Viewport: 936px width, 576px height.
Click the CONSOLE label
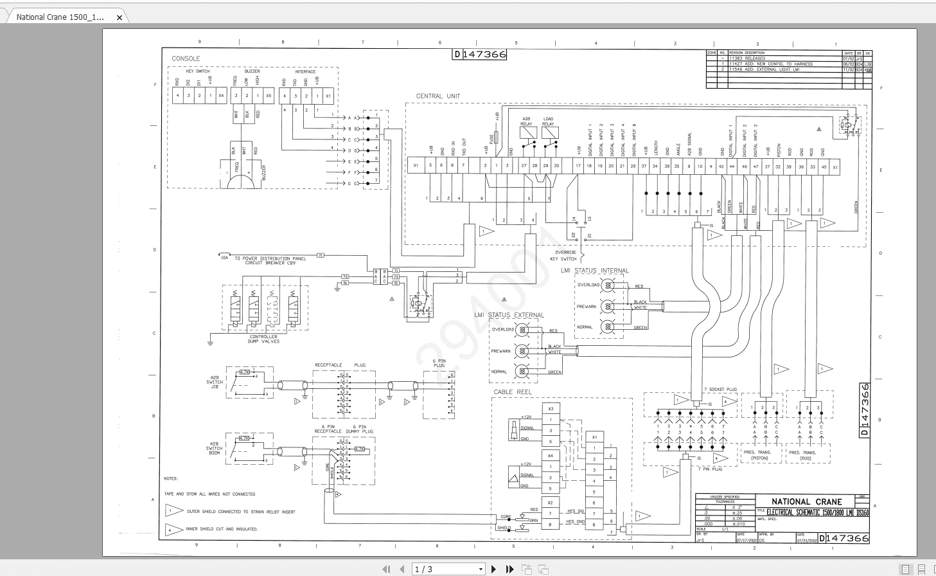click(x=186, y=59)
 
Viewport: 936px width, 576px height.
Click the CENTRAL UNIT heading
click(x=437, y=96)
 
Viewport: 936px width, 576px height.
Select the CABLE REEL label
click(x=513, y=392)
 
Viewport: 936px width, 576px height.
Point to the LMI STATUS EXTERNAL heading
click(x=509, y=315)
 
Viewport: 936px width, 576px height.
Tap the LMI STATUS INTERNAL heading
click(x=594, y=271)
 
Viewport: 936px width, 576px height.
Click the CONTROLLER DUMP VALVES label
click(x=264, y=339)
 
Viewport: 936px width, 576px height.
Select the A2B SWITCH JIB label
click(x=215, y=382)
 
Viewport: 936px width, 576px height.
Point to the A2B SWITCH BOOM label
click(x=215, y=448)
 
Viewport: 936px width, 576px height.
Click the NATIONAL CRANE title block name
click(x=806, y=501)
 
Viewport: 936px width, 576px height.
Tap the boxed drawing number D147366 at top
click(x=480, y=55)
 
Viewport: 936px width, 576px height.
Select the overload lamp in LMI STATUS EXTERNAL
click(x=522, y=330)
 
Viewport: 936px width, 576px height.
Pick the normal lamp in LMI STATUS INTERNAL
click(x=607, y=327)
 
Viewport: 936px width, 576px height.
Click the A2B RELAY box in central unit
click(x=527, y=133)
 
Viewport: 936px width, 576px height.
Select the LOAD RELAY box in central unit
click(x=549, y=133)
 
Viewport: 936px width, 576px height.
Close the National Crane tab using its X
click(x=119, y=17)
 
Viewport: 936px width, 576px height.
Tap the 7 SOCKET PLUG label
click(x=720, y=390)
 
